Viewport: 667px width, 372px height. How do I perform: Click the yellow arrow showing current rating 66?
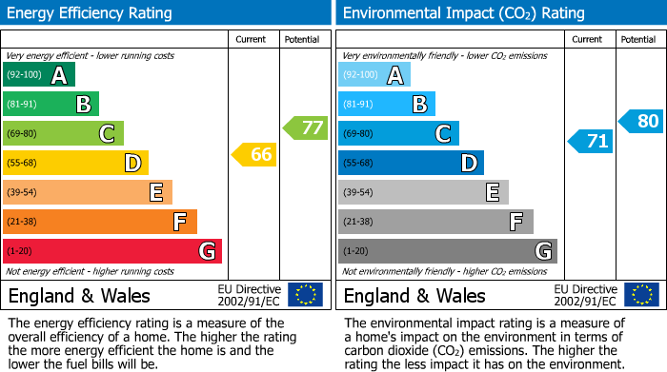tap(254, 154)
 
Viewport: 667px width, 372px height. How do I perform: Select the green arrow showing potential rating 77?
tap(305, 127)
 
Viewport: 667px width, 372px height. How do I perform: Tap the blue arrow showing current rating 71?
tap(590, 142)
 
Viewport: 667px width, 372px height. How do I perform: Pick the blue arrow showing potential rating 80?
tap(640, 121)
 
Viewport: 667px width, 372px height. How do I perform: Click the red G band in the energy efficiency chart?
tap(112, 251)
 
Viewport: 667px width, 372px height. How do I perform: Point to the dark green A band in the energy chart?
tap(39, 75)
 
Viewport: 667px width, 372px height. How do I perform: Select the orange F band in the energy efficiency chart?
tap(100, 222)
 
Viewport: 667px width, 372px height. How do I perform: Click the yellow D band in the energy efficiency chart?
tap(75, 163)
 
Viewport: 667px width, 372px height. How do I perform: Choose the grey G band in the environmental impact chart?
tap(447, 251)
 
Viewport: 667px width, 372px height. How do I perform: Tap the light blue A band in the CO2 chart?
tap(374, 75)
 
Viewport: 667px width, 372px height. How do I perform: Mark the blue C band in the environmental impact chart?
tap(398, 133)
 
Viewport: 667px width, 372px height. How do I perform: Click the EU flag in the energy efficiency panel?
tap(305, 295)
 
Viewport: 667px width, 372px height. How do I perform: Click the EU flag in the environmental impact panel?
tap(641, 295)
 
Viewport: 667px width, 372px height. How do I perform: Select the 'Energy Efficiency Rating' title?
tap(90, 13)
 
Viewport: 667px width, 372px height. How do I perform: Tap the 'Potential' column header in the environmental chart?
tap(638, 39)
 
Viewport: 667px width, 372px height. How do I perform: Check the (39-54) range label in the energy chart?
tap(24, 192)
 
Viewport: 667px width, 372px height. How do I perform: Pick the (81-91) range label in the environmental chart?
tap(359, 105)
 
